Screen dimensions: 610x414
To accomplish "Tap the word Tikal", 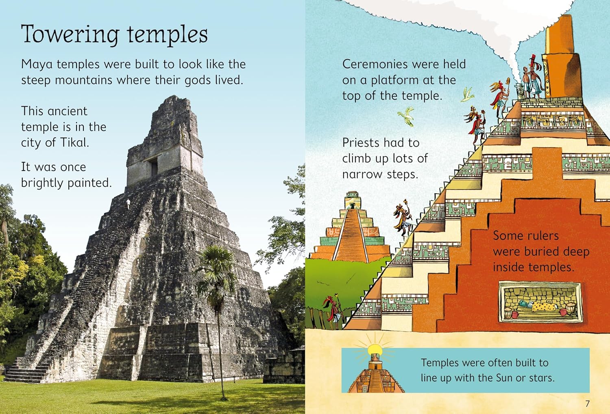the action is coord(74,142).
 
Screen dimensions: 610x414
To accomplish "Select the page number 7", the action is coord(587,404).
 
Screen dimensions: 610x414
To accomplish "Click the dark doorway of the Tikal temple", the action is coord(154,167).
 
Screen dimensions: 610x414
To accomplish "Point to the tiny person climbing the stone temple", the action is coord(128,204).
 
